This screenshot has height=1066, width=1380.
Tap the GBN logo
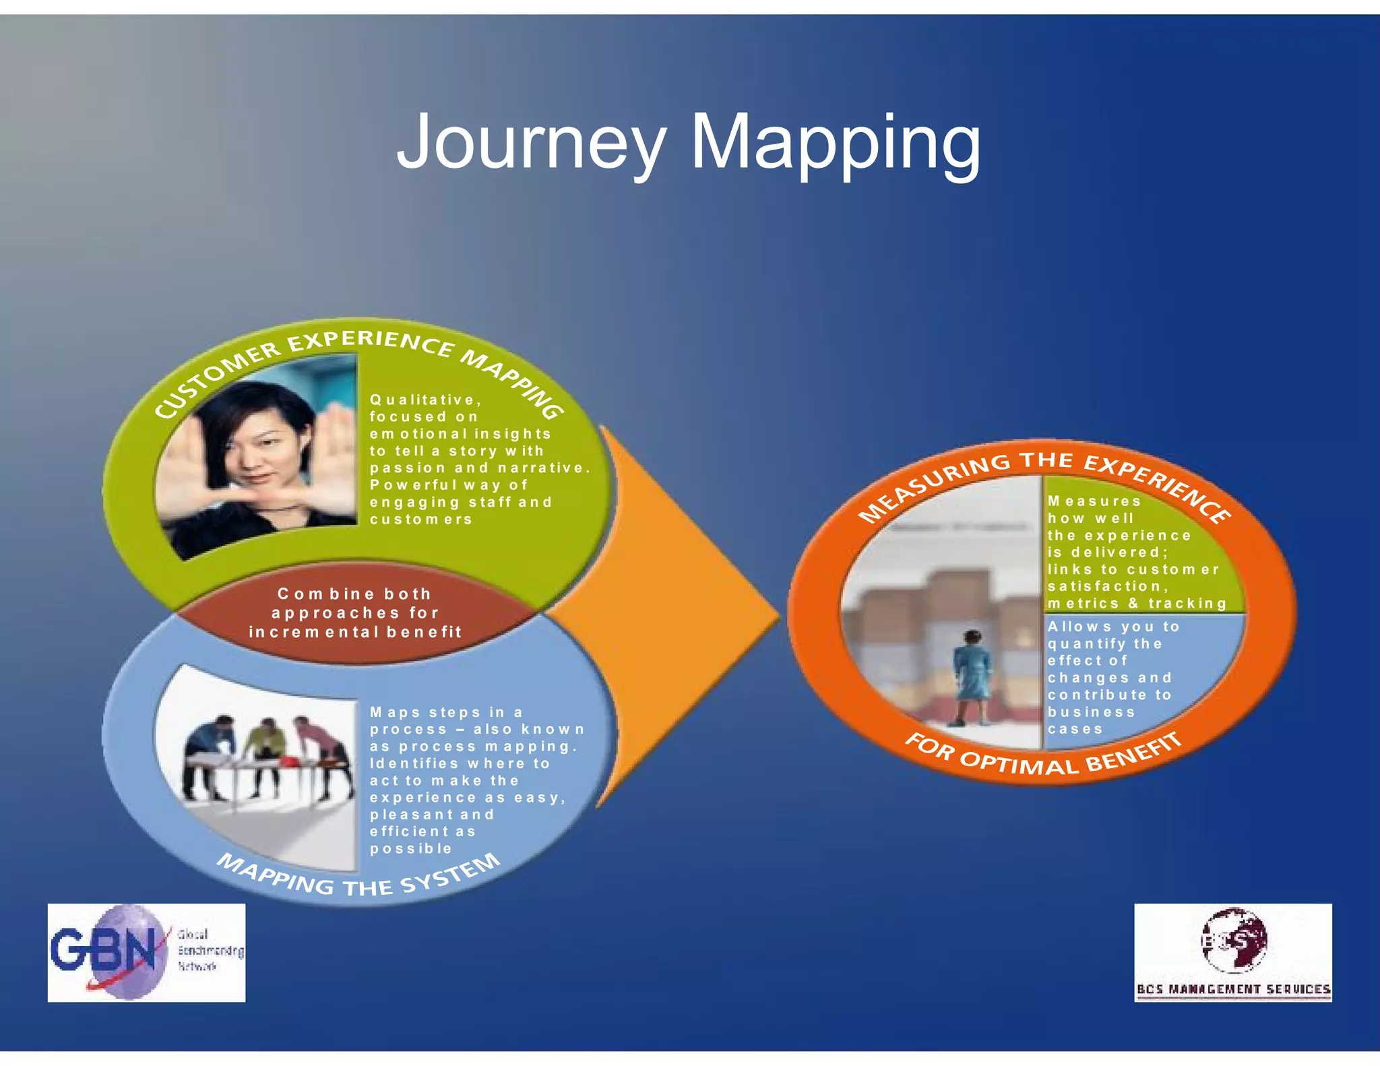pos(146,952)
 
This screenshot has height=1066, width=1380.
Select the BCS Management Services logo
pos(1233,952)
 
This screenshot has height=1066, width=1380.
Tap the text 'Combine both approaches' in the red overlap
pos(354,603)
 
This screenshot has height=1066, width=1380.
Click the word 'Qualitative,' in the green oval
pos(425,400)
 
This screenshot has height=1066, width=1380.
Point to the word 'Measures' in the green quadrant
pos(1094,501)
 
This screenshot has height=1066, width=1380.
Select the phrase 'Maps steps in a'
pos(446,713)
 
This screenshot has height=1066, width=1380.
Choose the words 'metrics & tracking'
pos(1137,604)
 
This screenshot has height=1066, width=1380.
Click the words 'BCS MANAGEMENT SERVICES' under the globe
pos(1233,989)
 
